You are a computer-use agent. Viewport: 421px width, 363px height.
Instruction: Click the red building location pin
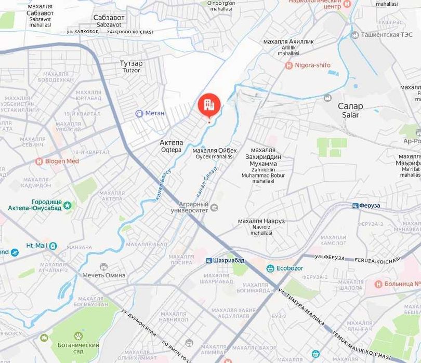coord(209,105)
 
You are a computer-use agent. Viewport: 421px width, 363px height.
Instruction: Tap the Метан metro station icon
coord(139,113)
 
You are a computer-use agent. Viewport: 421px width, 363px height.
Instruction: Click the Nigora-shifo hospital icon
coord(289,65)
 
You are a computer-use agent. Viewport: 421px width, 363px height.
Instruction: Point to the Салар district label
coord(350,106)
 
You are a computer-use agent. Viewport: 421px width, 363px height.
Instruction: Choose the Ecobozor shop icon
coord(270,268)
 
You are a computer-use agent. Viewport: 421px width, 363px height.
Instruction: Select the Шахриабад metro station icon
coord(208,260)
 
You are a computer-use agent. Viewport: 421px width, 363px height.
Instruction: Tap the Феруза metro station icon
coord(356,206)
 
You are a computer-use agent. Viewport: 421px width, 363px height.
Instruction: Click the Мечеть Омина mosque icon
coord(104,266)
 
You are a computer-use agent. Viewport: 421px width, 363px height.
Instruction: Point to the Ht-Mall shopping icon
coord(53,246)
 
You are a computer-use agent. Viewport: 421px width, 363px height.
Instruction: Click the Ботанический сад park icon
coord(78,335)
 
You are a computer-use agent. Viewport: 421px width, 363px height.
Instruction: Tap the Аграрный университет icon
coord(214,208)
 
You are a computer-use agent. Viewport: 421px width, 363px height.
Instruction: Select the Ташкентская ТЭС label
coord(388,35)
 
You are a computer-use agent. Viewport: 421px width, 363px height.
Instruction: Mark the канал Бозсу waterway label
coord(162,185)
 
